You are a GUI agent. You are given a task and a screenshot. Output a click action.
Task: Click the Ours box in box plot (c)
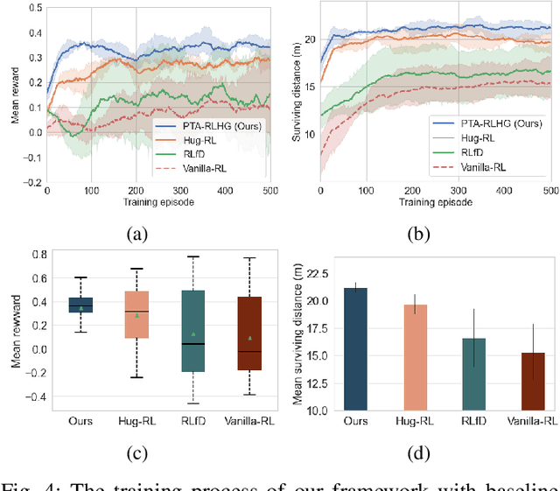point(80,304)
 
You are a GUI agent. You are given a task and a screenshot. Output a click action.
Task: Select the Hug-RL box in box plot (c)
point(136,314)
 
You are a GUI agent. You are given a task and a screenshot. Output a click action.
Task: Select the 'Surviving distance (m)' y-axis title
point(297,95)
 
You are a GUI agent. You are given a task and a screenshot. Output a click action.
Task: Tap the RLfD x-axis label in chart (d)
point(473,421)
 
